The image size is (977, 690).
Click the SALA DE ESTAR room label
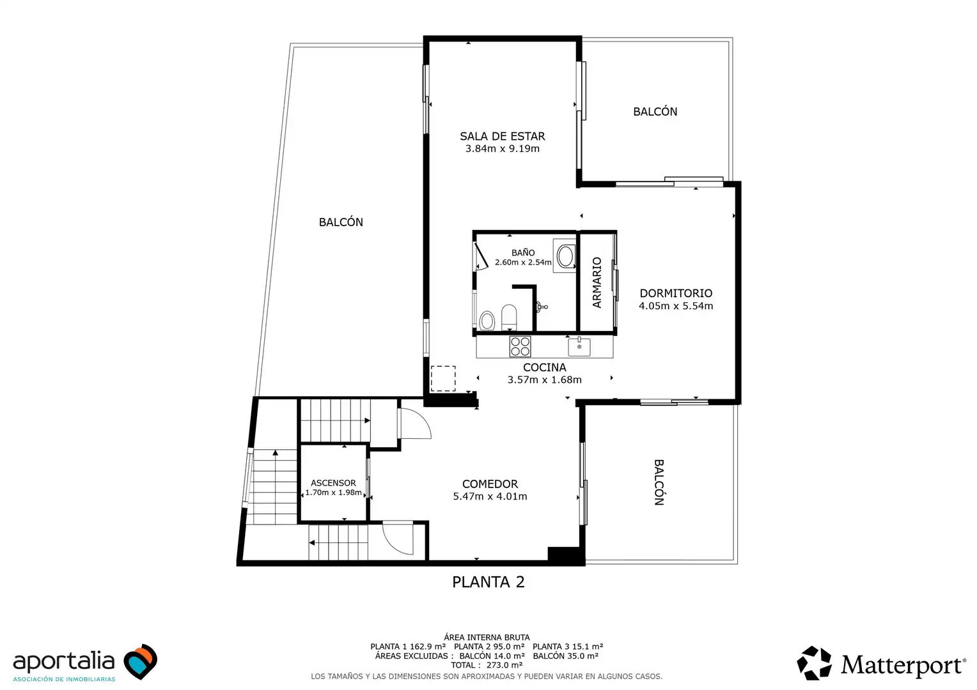click(x=503, y=137)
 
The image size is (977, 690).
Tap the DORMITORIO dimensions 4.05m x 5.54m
click(x=676, y=306)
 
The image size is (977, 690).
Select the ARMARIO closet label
click(x=597, y=282)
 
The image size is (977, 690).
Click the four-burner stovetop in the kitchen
click(x=520, y=346)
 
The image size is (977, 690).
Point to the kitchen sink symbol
click(x=579, y=347)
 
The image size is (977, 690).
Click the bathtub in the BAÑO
click(x=565, y=256)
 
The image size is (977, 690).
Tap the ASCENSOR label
click(x=333, y=483)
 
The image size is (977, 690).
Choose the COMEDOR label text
click(x=490, y=484)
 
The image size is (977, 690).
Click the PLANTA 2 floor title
click(x=488, y=582)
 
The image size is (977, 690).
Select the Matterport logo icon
click(x=815, y=663)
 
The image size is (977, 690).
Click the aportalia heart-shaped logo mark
click(x=140, y=661)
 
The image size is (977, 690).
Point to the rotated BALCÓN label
click(x=659, y=482)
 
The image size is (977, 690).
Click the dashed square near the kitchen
click(x=443, y=378)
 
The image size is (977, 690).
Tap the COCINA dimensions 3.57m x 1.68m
click(x=544, y=379)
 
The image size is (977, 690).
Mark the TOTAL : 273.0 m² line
click(x=487, y=665)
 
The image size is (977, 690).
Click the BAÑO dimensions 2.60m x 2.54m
click(x=523, y=263)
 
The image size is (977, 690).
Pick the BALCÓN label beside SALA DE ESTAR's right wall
click(x=655, y=112)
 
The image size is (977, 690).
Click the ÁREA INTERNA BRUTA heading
click(x=487, y=637)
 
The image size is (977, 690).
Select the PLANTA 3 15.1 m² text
click(x=567, y=647)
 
